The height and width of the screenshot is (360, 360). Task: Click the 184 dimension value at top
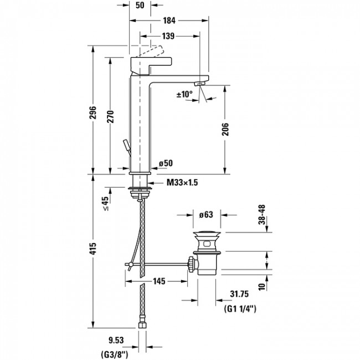click(x=169, y=20)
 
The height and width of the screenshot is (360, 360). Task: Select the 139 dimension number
click(x=169, y=37)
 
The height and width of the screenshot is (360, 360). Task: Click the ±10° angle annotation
click(x=184, y=95)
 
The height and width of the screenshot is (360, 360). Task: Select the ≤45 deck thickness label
click(x=105, y=204)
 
